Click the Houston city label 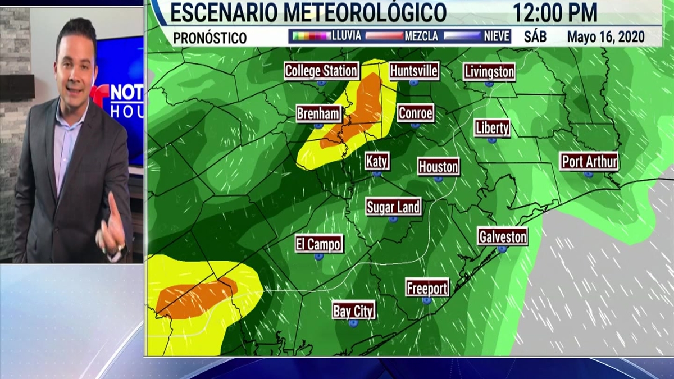[438, 167]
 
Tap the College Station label [321, 71]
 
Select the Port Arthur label [589, 162]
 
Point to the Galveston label [503, 236]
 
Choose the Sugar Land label [393, 207]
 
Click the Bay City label [353, 310]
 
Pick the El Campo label [319, 244]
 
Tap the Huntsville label [414, 71]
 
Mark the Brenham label [319, 114]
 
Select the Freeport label [427, 288]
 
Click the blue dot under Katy [377, 174]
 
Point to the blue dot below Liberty [492, 140]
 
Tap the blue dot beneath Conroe [416, 126]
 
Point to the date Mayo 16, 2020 [605, 37]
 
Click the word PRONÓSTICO [210, 38]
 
